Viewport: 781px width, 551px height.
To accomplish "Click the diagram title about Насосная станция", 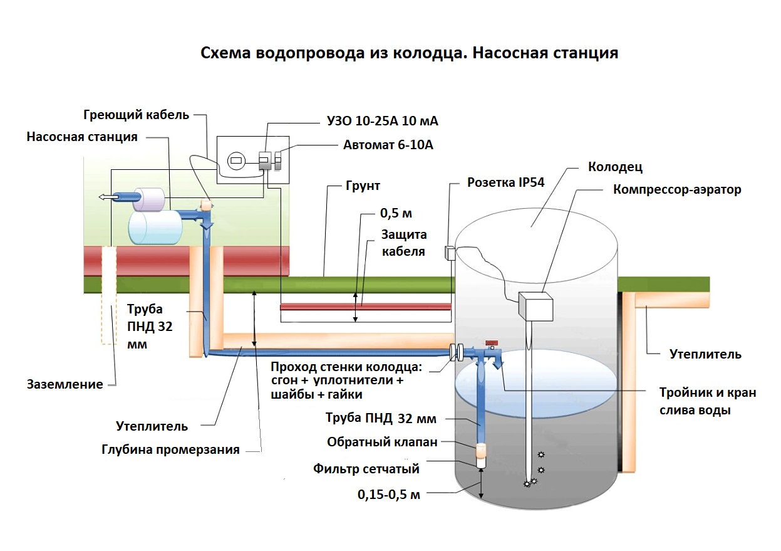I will (409, 53).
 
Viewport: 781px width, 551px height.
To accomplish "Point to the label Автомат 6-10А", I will (388, 145).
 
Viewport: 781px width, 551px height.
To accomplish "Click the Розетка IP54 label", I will (506, 183).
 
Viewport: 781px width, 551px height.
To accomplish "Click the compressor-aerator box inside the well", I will (535, 308).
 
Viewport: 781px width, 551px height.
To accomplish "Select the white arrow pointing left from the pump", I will (107, 197).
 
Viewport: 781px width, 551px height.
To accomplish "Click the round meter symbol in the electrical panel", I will (235, 160).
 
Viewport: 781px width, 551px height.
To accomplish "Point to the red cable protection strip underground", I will (365, 307).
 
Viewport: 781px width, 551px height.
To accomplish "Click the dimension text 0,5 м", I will (396, 213).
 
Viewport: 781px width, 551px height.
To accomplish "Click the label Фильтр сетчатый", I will (366, 468).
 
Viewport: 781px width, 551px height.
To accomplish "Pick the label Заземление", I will (65, 384).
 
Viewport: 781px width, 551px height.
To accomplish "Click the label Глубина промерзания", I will (170, 449).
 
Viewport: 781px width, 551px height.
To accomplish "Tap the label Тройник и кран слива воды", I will (708, 401).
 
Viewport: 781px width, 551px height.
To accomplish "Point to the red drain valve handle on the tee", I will (491, 342).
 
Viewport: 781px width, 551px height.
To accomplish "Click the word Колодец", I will (615, 167).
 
